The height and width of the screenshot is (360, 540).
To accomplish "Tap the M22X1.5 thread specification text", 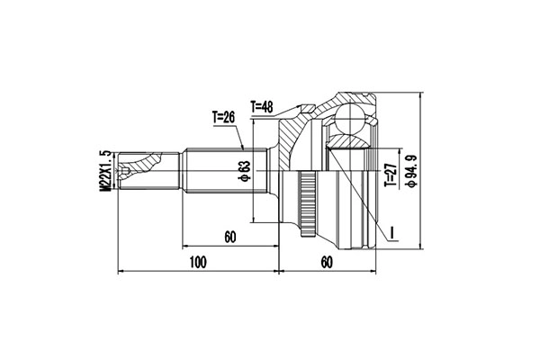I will tap(104, 169).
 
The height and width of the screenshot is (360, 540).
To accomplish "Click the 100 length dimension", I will tap(198, 262).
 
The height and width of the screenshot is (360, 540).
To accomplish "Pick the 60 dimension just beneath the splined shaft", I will tap(229, 237).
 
